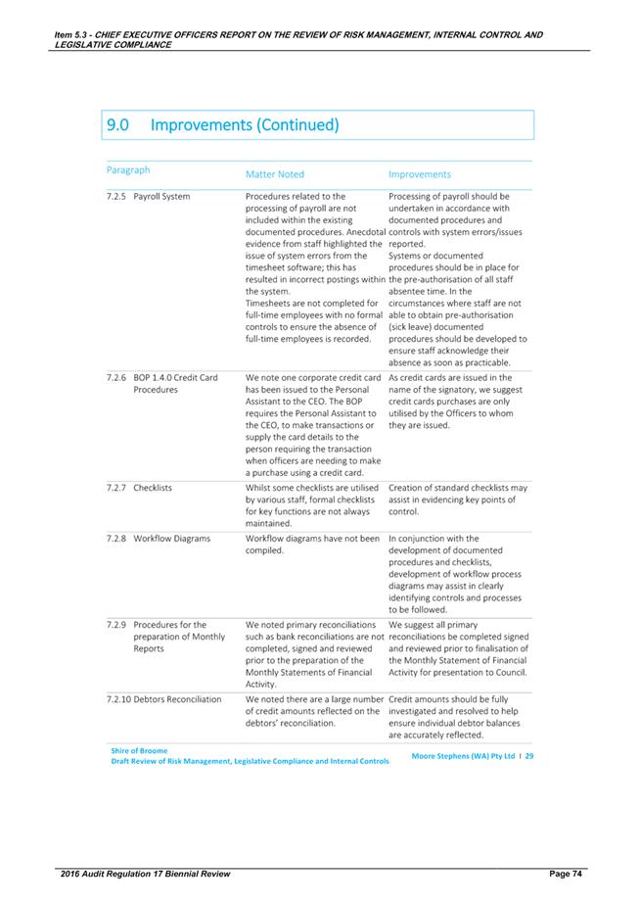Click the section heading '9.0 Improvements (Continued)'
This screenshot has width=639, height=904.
(x=223, y=126)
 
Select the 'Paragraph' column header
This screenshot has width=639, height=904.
(x=129, y=169)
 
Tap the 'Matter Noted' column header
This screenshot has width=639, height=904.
(x=275, y=174)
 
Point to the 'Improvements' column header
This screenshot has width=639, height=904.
(x=419, y=174)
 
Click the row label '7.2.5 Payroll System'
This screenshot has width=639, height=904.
(x=148, y=196)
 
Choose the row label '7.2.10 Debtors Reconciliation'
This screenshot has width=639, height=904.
(x=165, y=699)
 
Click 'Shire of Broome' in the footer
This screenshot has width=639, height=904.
(x=140, y=750)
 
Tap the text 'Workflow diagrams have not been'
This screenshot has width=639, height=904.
(x=312, y=538)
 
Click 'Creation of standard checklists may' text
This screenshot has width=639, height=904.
(x=457, y=487)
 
